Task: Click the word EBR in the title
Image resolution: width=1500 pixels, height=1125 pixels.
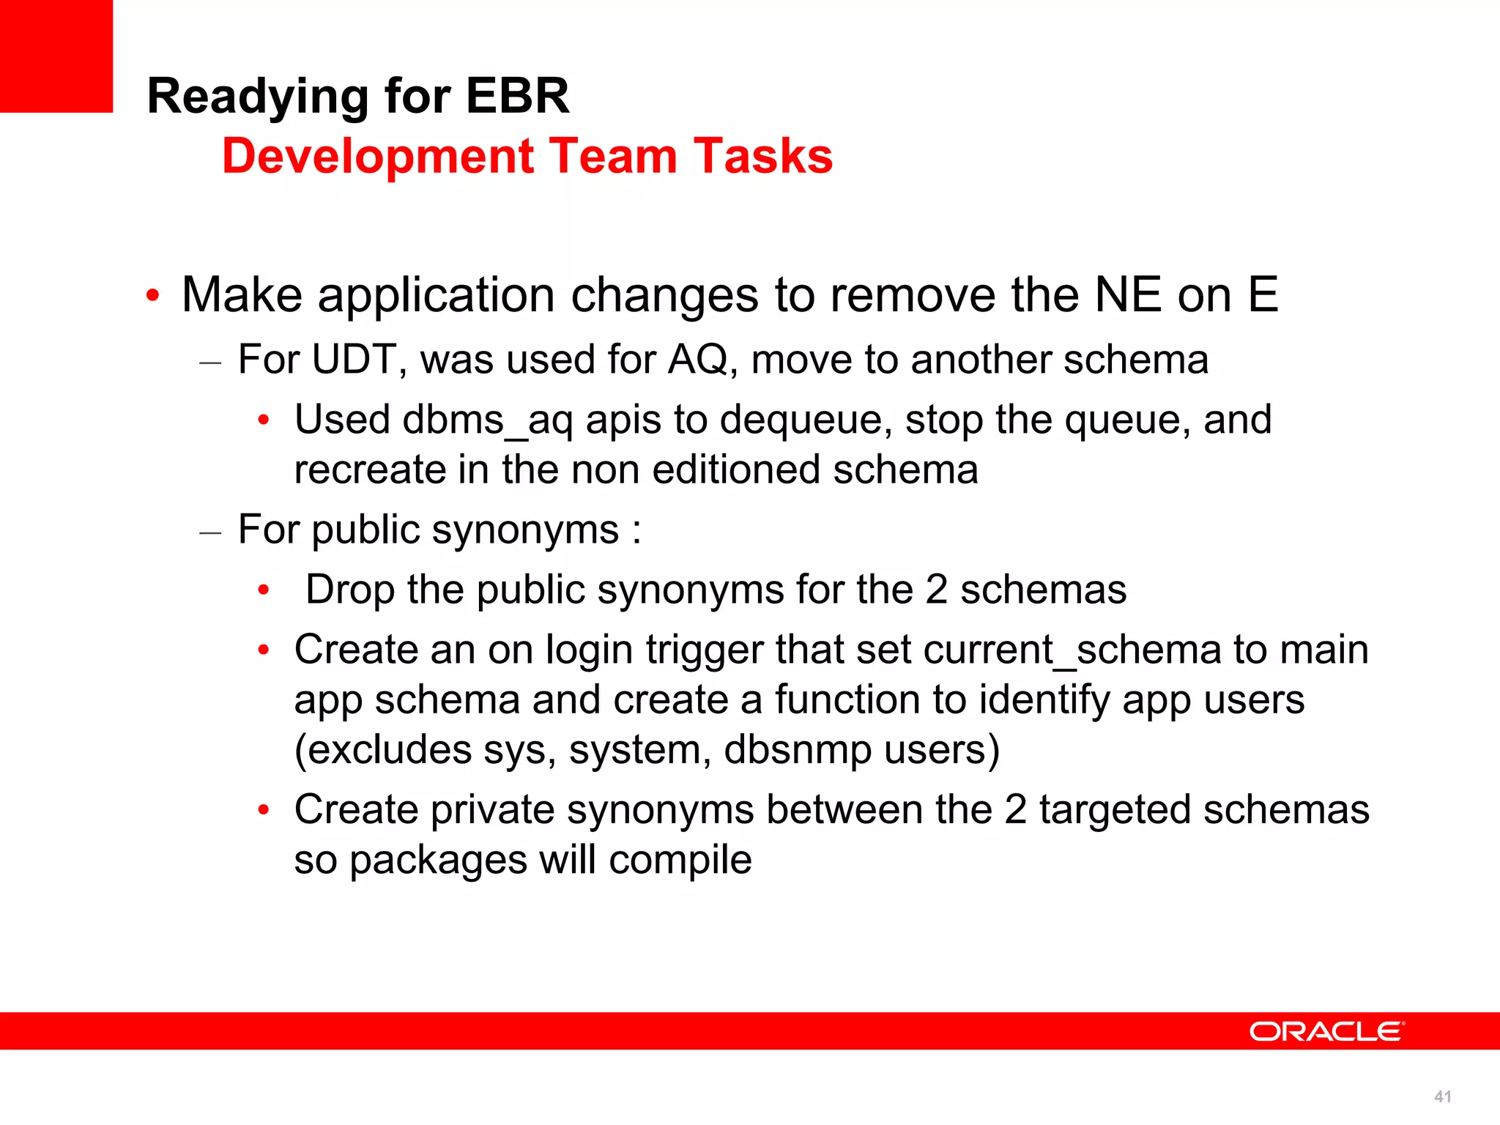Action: [517, 96]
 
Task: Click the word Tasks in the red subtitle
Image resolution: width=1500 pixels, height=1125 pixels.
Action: [763, 156]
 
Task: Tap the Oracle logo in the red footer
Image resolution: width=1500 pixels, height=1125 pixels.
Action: [1326, 1031]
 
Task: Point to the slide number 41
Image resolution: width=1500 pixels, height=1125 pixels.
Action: [1442, 1096]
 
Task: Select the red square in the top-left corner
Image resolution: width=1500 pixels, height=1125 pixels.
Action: [56, 56]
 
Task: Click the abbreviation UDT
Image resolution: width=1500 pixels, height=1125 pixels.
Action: [354, 360]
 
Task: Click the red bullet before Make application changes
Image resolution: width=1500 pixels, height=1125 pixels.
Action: [152, 297]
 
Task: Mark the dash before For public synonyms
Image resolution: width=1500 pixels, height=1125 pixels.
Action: [210, 532]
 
